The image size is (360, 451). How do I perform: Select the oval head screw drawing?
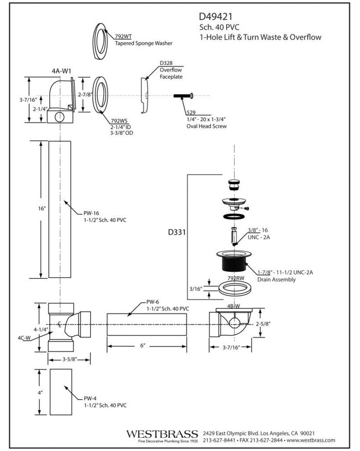184,96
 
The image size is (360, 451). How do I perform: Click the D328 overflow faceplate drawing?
144,95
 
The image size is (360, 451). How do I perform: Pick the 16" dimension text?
42,208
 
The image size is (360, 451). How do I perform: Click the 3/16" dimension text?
196,288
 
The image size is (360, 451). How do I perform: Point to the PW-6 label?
153,302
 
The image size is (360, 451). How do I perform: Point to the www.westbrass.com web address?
311,441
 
